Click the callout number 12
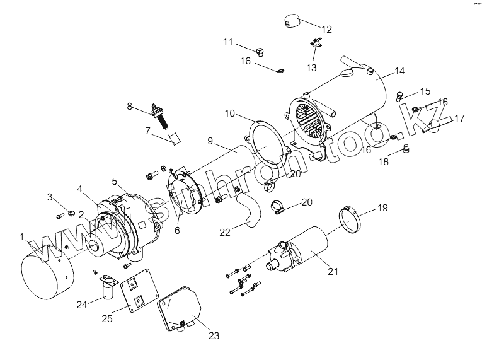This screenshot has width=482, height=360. (x=326, y=29)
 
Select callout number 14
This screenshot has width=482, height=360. (x=399, y=71)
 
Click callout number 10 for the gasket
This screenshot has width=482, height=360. (x=230, y=113)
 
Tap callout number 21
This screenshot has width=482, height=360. (x=333, y=272)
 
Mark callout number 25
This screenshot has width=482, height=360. (x=107, y=318)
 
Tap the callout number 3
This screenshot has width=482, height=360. (x=49, y=197)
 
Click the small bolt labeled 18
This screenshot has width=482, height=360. (x=406, y=150)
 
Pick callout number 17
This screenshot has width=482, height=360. (x=459, y=117)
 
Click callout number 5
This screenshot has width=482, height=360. (x=115, y=180)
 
